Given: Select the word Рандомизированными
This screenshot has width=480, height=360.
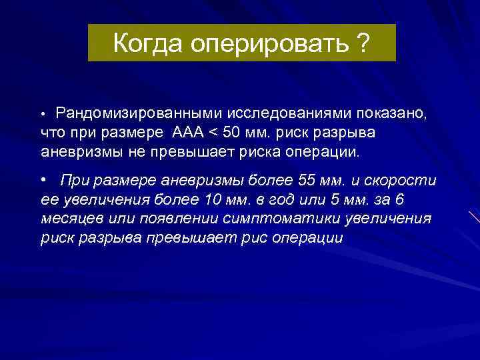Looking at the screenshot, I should (x=142, y=113).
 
